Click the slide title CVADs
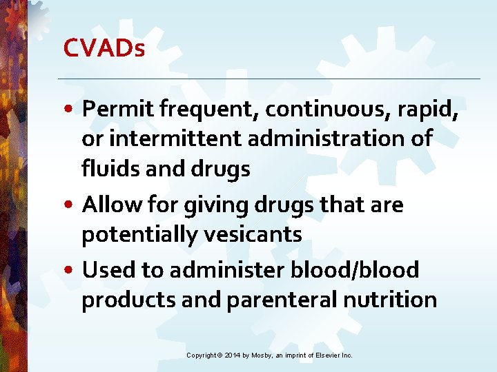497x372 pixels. pyautogui.click(x=104, y=48)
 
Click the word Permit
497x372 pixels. pyautogui.click(x=117, y=109)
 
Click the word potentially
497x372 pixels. pyautogui.click(x=139, y=235)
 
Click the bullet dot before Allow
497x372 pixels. pyautogui.click(x=71, y=205)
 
